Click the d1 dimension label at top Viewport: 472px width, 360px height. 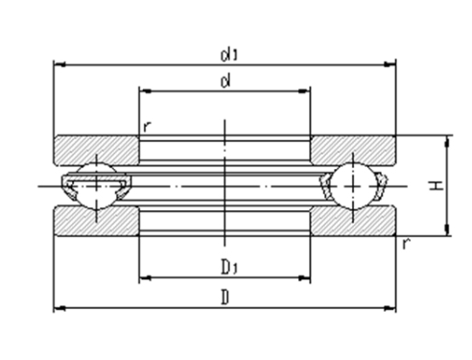point(229,55)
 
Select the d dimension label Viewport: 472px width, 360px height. point(225,82)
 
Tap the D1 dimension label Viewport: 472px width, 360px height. point(229,267)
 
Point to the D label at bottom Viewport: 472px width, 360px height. point(225,298)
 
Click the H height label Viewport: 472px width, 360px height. point(437,185)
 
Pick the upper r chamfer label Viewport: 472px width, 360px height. point(147,127)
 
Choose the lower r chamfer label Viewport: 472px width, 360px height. point(406,244)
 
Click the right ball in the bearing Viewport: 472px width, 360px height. point(353,186)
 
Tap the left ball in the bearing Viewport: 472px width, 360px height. point(97,186)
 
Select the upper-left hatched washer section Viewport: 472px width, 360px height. point(97,150)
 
